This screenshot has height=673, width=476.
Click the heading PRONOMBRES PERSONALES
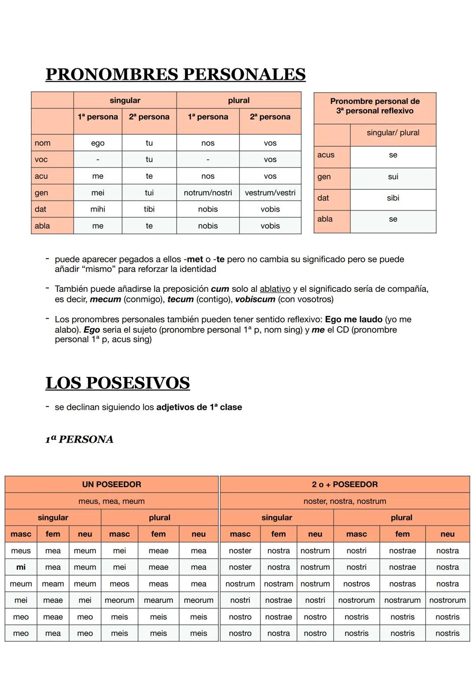coord(175,74)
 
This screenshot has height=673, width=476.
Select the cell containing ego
coord(98,143)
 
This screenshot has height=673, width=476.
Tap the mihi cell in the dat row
coord(98,209)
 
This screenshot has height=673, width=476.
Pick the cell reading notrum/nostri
coord(208,193)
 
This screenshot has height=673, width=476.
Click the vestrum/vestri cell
coord(270,193)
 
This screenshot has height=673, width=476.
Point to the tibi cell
coord(149,209)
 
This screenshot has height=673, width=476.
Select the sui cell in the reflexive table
coord(393,177)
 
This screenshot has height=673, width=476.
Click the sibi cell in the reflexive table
coord(393,198)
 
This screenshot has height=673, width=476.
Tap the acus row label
coord(326,155)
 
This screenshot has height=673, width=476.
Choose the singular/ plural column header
coord(393,133)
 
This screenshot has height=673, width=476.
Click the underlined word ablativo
coord(275,289)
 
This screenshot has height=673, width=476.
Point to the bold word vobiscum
coord(255,300)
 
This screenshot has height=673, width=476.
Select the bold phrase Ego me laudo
coord(353,320)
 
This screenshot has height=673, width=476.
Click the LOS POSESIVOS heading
coord(118,383)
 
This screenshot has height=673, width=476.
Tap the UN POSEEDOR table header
coord(112,484)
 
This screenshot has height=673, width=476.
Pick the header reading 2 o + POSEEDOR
coord(345,484)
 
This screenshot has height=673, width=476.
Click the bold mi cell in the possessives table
coord(21,567)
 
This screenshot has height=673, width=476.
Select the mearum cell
coord(158,600)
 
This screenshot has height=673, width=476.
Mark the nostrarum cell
coord(402,600)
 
